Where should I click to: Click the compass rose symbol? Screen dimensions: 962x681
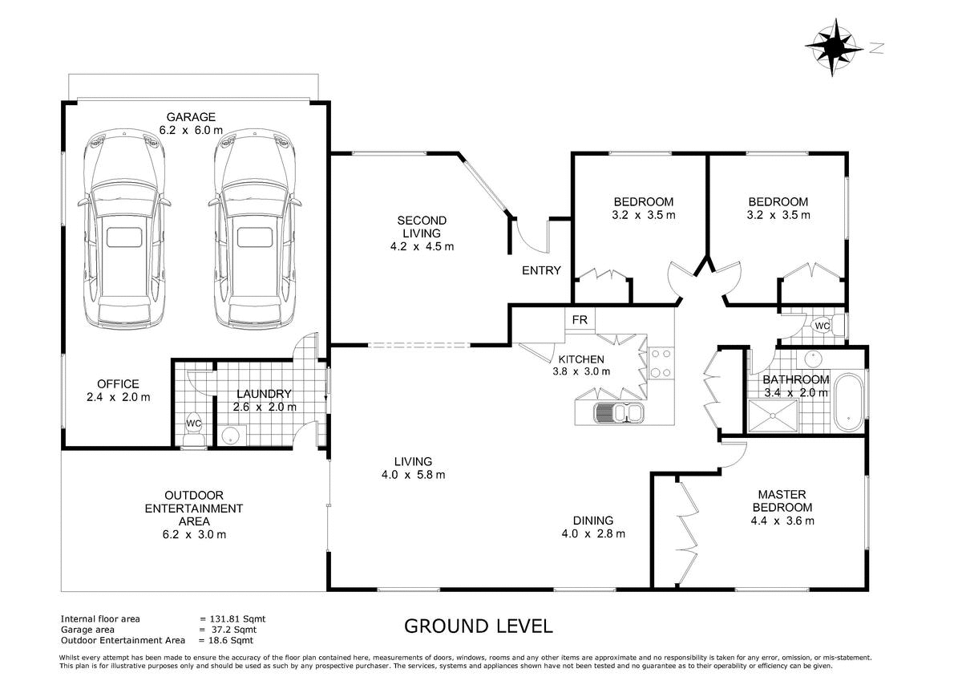[x=833, y=47]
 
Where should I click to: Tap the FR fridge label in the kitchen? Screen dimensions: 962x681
[x=580, y=320]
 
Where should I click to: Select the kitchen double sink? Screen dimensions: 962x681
[x=618, y=412]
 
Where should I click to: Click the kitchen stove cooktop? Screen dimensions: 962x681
[x=661, y=363]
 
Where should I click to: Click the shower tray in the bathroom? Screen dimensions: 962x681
[x=773, y=415]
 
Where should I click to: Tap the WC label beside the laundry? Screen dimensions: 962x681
[x=194, y=424]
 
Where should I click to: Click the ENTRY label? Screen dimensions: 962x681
[x=541, y=270]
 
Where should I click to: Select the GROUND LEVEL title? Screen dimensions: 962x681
[x=478, y=626]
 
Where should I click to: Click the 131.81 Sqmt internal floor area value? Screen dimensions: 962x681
[x=237, y=619]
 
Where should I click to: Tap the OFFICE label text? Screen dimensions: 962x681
[x=118, y=383]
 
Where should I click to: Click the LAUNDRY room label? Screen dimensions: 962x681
[x=264, y=394]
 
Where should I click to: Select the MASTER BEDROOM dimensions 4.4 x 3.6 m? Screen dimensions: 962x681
[x=782, y=521]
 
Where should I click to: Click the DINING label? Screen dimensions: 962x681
[x=593, y=521]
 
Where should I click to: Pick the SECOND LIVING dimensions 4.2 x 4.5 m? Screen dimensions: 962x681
[x=422, y=246]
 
